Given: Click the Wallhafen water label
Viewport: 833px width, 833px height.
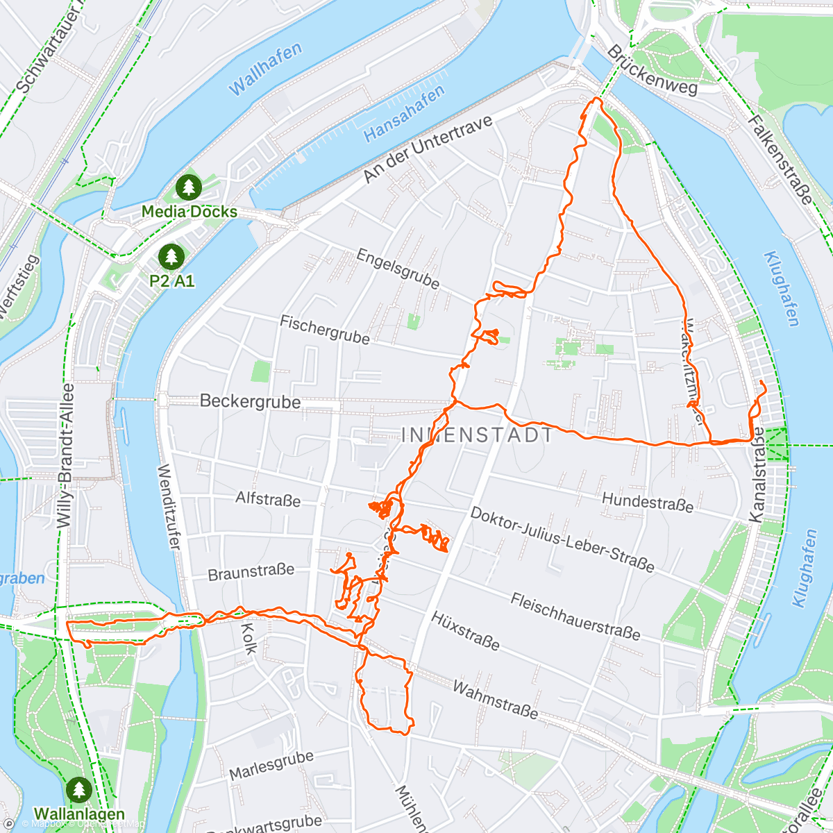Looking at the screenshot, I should tap(265, 69).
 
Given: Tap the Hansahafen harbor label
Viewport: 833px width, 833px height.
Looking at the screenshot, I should tap(404, 114).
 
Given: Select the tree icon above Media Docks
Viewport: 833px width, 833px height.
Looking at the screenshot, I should tap(188, 187).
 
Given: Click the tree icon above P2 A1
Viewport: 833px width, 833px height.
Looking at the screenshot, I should tap(171, 257).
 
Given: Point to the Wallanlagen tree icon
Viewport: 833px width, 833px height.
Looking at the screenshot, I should tap(78, 789).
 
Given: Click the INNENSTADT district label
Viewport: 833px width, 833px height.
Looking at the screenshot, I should tap(478, 435).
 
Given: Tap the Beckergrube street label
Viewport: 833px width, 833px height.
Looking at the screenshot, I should tap(250, 401).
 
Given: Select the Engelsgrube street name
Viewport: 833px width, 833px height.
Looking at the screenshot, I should tap(398, 269).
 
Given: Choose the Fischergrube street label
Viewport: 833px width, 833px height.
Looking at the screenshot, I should tap(324, 329).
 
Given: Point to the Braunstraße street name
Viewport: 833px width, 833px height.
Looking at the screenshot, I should tap(251, 572).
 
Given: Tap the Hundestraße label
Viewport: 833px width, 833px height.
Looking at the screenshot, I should tap(647, 501).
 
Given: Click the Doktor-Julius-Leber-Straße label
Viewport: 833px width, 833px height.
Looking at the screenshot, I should tap(562, 539).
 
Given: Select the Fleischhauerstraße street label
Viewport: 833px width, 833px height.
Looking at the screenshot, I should tap(575, 615).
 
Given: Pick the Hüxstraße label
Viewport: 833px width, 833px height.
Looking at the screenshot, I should tap(465, 630).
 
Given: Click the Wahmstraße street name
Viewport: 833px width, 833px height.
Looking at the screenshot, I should tap(495, 698).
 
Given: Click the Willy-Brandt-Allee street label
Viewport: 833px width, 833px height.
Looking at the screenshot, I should tap(66, 455).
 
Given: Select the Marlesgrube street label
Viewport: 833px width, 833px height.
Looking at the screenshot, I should tap(271, 764).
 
